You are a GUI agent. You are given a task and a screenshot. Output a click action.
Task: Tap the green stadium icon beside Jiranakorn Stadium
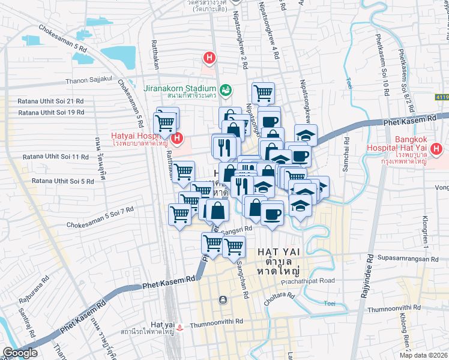[x=226, y=91]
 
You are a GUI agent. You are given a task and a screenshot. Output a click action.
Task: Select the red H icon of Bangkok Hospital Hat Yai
[x=436, y=148]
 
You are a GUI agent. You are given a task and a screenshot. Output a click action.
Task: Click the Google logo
[x=20, y=353]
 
